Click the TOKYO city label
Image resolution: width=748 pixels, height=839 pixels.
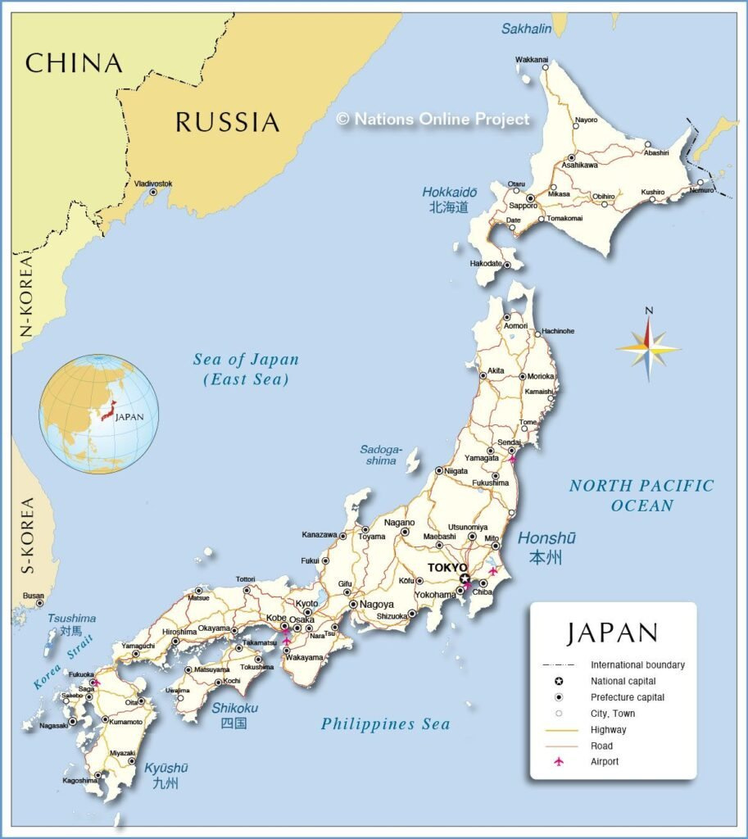coord(447,568)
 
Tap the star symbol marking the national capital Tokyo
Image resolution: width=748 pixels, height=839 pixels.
coord(465,579)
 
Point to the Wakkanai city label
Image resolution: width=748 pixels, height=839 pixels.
coord(532,59)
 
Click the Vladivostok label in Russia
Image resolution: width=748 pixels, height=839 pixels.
coord(153,184)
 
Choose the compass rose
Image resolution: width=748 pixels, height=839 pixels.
coord(648,349)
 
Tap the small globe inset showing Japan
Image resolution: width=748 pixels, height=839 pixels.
coord(98,414)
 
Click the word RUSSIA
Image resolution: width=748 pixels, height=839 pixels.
coord(227,123)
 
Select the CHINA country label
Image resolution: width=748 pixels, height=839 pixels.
coord(74,63)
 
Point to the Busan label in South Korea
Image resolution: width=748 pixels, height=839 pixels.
coord(34,596)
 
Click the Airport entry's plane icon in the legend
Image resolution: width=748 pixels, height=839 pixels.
coord(559,762)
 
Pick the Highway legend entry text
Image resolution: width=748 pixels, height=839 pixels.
coord(608,730)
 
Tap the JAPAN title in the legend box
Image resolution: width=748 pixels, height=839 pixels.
coord(612,633)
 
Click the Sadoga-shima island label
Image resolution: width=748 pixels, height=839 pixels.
coord(381,455)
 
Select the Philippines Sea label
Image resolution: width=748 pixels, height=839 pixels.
coord(385,723)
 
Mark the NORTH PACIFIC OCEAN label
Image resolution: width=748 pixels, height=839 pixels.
coord(641,495)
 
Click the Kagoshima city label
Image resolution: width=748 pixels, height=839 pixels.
coord(79,781)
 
